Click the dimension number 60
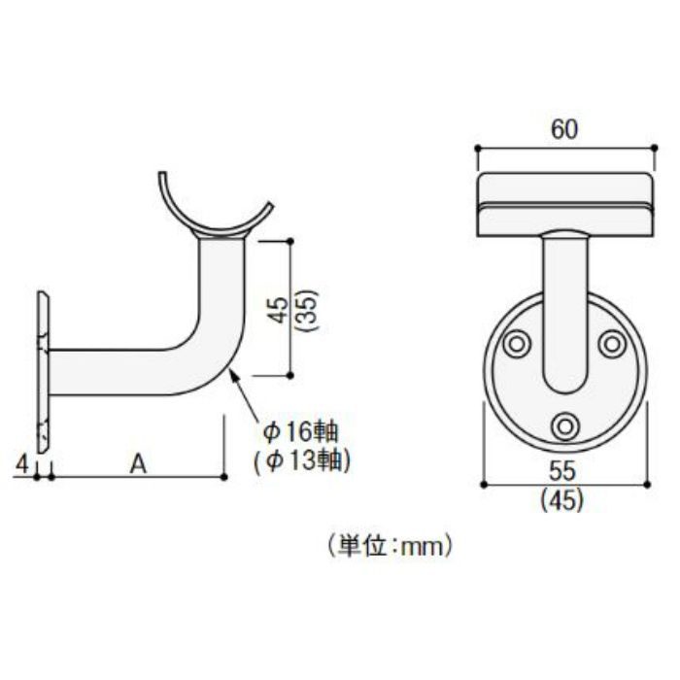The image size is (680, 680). coord(564,129)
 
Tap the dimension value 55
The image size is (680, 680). coord(562,471)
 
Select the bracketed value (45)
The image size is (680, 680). coord(562,500)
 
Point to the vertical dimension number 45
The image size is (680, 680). coord(279,310)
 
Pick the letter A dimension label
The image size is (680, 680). coord(138,464)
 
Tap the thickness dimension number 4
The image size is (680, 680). coord(22,464)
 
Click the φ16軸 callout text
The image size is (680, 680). coord(300,432)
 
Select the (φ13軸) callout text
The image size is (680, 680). coord(302,461)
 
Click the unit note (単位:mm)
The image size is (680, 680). coord(390,546)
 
